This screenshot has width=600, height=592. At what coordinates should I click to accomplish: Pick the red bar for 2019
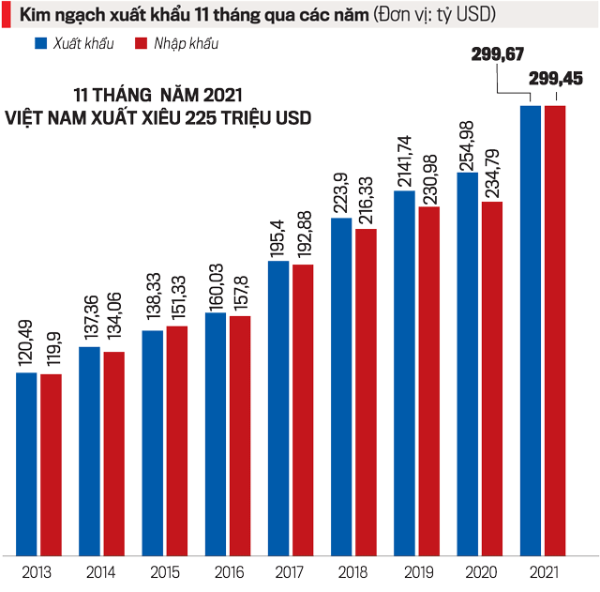point(429,379)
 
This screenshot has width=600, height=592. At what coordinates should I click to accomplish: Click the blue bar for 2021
point(531,328)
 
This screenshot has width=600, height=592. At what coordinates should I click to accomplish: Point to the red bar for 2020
point(492,376)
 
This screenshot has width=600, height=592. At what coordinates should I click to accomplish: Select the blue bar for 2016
point(216,432)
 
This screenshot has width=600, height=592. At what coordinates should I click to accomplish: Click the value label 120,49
point(26,343)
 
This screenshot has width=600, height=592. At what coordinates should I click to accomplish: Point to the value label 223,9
point(340,192)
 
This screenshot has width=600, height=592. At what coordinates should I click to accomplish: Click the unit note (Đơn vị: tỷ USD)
point(436,15)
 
